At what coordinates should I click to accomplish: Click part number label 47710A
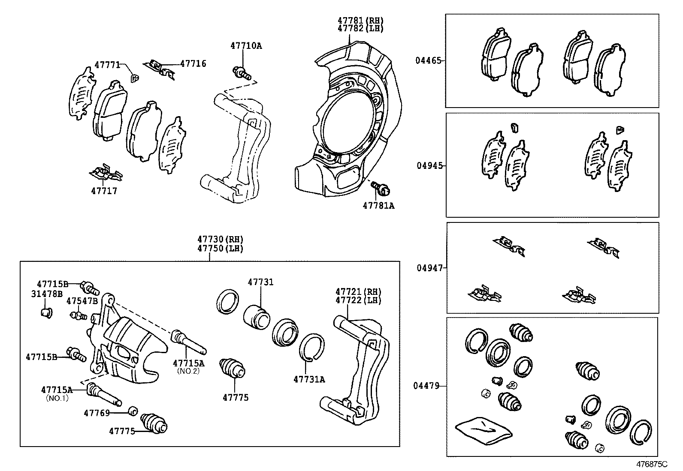(245, 45)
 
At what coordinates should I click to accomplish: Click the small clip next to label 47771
(134, 78)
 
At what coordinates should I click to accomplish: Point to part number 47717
(104, 191)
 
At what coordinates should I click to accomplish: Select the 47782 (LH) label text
(360, 29)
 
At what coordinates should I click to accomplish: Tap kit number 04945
(429, 166)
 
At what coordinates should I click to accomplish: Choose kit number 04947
(429, 268)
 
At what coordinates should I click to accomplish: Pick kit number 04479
(426, 386)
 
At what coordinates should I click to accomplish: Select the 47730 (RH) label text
(220, 240)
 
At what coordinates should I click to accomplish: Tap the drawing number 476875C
(652, 464)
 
